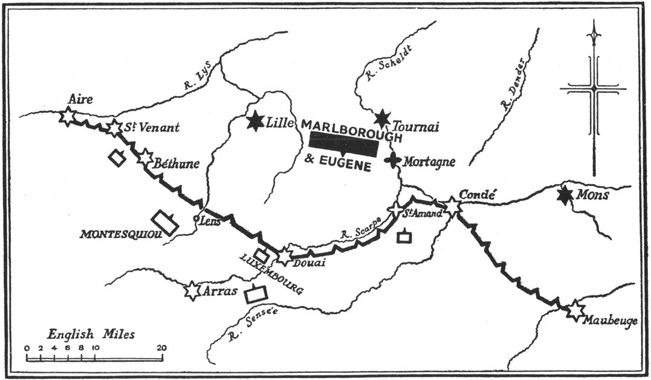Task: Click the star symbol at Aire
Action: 67,115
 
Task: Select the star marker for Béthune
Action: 145,158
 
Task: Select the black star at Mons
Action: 565,195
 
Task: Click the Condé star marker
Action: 452,207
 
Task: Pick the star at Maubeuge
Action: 575,311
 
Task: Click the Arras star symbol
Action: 192,291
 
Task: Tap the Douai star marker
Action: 284,257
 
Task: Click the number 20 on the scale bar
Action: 161,349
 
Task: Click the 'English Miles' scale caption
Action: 92,334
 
